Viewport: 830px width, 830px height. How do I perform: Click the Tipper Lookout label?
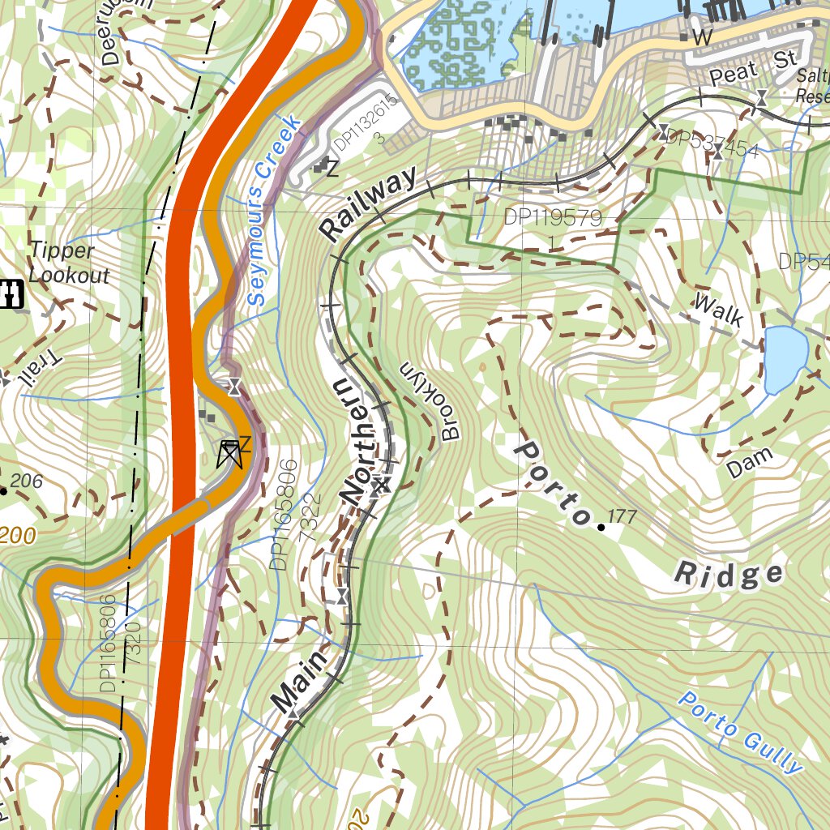68,263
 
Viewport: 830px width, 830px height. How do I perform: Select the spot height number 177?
621,517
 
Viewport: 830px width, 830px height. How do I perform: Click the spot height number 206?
27,481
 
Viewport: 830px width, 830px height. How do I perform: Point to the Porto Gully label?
739,733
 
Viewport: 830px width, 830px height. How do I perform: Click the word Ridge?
729,575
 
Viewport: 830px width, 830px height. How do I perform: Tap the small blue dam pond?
785,357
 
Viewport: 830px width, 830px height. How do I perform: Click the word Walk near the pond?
718,310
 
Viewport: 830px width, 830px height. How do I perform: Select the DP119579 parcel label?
552,217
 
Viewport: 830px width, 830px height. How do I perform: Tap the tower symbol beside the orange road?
230,454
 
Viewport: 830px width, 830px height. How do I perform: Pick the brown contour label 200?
17,536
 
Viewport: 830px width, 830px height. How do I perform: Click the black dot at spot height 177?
601,528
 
